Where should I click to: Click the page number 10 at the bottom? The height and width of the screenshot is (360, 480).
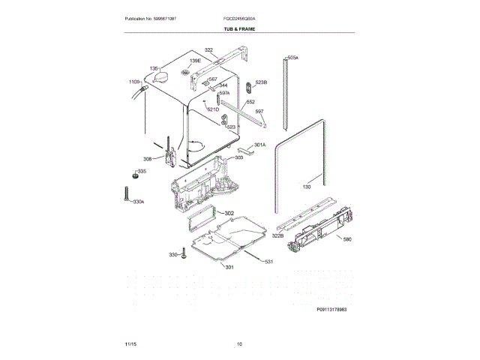[x=239, y=344]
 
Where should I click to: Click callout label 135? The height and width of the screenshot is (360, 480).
[x=154, y=68]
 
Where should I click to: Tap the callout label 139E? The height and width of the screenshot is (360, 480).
[x=195, y=61]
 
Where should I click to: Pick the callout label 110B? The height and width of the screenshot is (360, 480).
[x=134, y=81]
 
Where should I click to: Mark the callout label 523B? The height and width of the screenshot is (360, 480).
[x=261, y=82]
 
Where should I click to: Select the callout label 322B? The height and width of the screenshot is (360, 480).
[x=277, y=235]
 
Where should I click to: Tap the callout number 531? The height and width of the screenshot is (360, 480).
[x=268, y=261]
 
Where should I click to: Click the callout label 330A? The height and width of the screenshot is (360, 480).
[x=137, y=202]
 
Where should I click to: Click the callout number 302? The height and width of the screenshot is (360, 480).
[x=229, y=214]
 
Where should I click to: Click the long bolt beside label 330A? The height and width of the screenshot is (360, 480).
[x=120, y=193]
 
